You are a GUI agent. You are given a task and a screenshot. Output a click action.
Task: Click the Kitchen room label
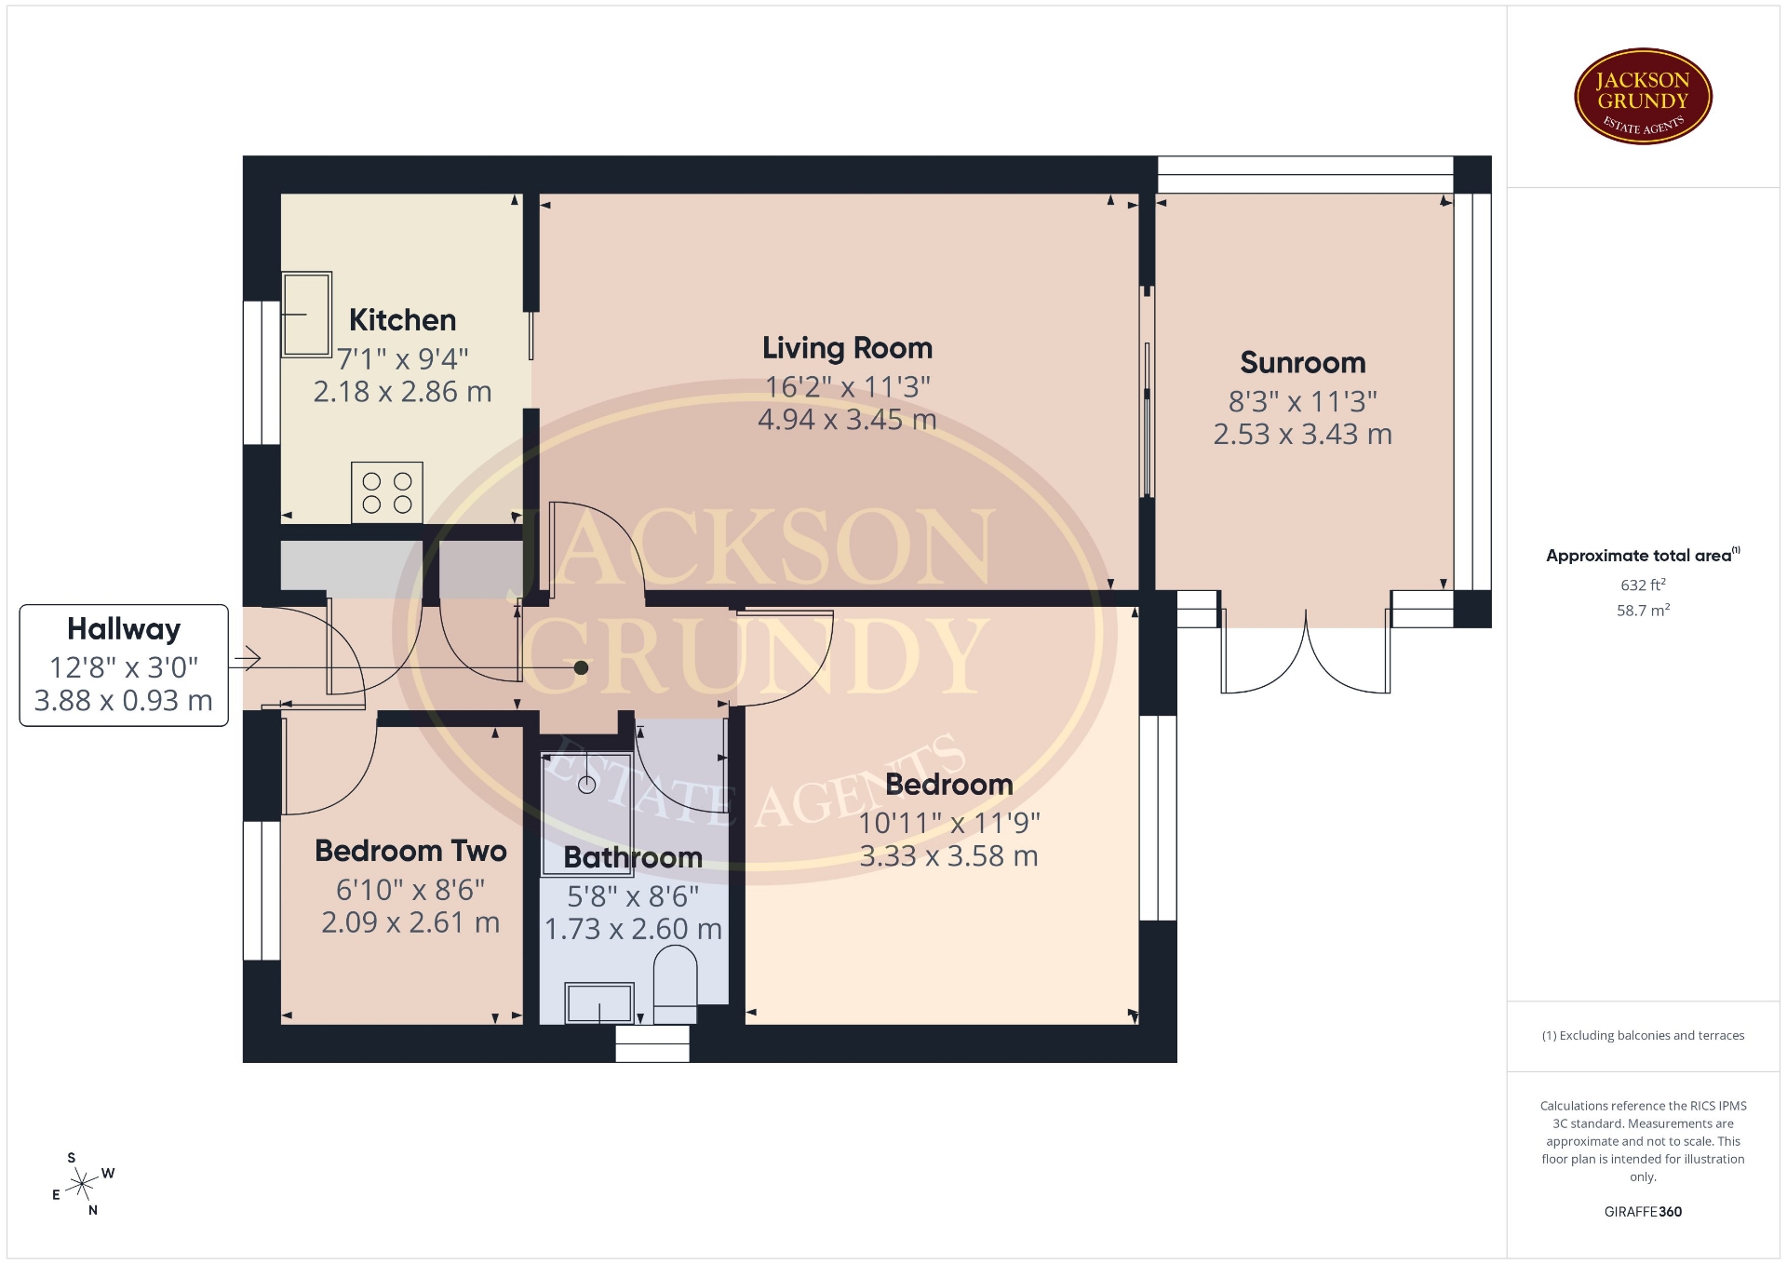point(402,320)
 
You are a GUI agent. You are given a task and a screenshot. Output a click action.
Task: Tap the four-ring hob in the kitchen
point(387,492)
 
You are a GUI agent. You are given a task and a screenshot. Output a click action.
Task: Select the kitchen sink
point(306,315)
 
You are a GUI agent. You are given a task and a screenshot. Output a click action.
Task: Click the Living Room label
point(847,348)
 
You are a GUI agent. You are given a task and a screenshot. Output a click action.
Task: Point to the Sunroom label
point(1303,363)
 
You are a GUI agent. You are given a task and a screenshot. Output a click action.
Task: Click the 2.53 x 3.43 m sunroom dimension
point(1303,435)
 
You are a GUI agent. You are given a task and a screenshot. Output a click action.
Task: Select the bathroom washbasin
point(599,1003)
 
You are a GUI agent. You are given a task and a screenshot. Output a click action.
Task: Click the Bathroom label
point(633,857)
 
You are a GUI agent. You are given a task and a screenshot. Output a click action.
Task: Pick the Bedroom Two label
point(410,851)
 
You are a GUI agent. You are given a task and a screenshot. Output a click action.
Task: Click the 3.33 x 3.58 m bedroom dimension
point(948,856)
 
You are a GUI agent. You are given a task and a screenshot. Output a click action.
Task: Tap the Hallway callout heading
point(124,630)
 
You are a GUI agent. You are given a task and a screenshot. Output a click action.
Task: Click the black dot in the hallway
point(581,667)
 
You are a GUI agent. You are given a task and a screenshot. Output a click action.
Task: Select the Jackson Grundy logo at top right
point(1643,97)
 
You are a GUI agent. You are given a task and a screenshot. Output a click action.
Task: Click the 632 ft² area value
point(1643,585)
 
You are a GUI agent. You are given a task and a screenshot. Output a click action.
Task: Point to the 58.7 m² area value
point(1643,611)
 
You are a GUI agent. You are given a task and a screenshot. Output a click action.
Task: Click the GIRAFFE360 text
point(1643,1212)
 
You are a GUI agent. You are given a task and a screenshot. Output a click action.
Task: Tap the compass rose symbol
point(83,1185)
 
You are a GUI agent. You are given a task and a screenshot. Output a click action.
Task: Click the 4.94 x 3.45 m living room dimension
point(847,420)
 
